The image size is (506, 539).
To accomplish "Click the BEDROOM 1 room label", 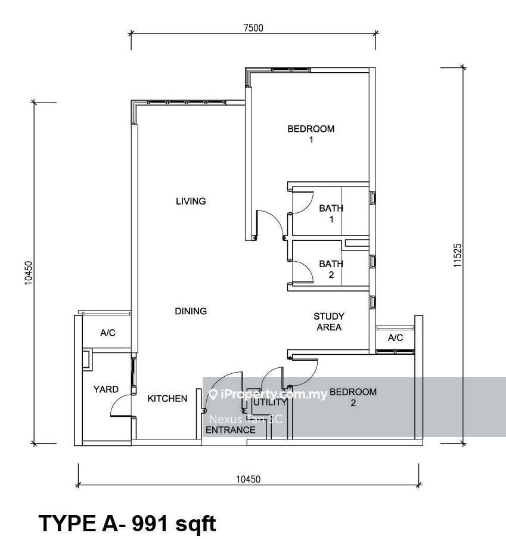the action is coord(311,134).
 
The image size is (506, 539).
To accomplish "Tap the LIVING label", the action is coord(191,201).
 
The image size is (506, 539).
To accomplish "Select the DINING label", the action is coord(191,311).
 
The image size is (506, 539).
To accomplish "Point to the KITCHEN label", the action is coord(167,398).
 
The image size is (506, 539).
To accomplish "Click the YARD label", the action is coord(106,389).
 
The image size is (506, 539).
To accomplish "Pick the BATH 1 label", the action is coord(331,213).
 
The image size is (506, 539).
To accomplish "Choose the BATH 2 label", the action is coord(331,269).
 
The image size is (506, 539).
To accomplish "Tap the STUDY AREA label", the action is coord(329,321).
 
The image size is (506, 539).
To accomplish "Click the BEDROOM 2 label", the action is coord(353,397).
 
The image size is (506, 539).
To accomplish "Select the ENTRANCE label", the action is coord(231,430).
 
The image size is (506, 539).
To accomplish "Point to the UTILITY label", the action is coord(270,402).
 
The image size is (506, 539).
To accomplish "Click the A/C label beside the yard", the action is coord(107,333).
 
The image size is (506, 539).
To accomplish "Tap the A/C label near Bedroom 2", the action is coord(395,337).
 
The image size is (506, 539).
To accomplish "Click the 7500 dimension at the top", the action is coord(253,28).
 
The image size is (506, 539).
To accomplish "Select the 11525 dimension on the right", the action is coord(457,256).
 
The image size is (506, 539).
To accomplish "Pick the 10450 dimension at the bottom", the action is coord(249,479).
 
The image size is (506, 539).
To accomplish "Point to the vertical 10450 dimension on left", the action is coord(29,273).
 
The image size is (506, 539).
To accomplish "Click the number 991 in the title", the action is coord(150,523).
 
